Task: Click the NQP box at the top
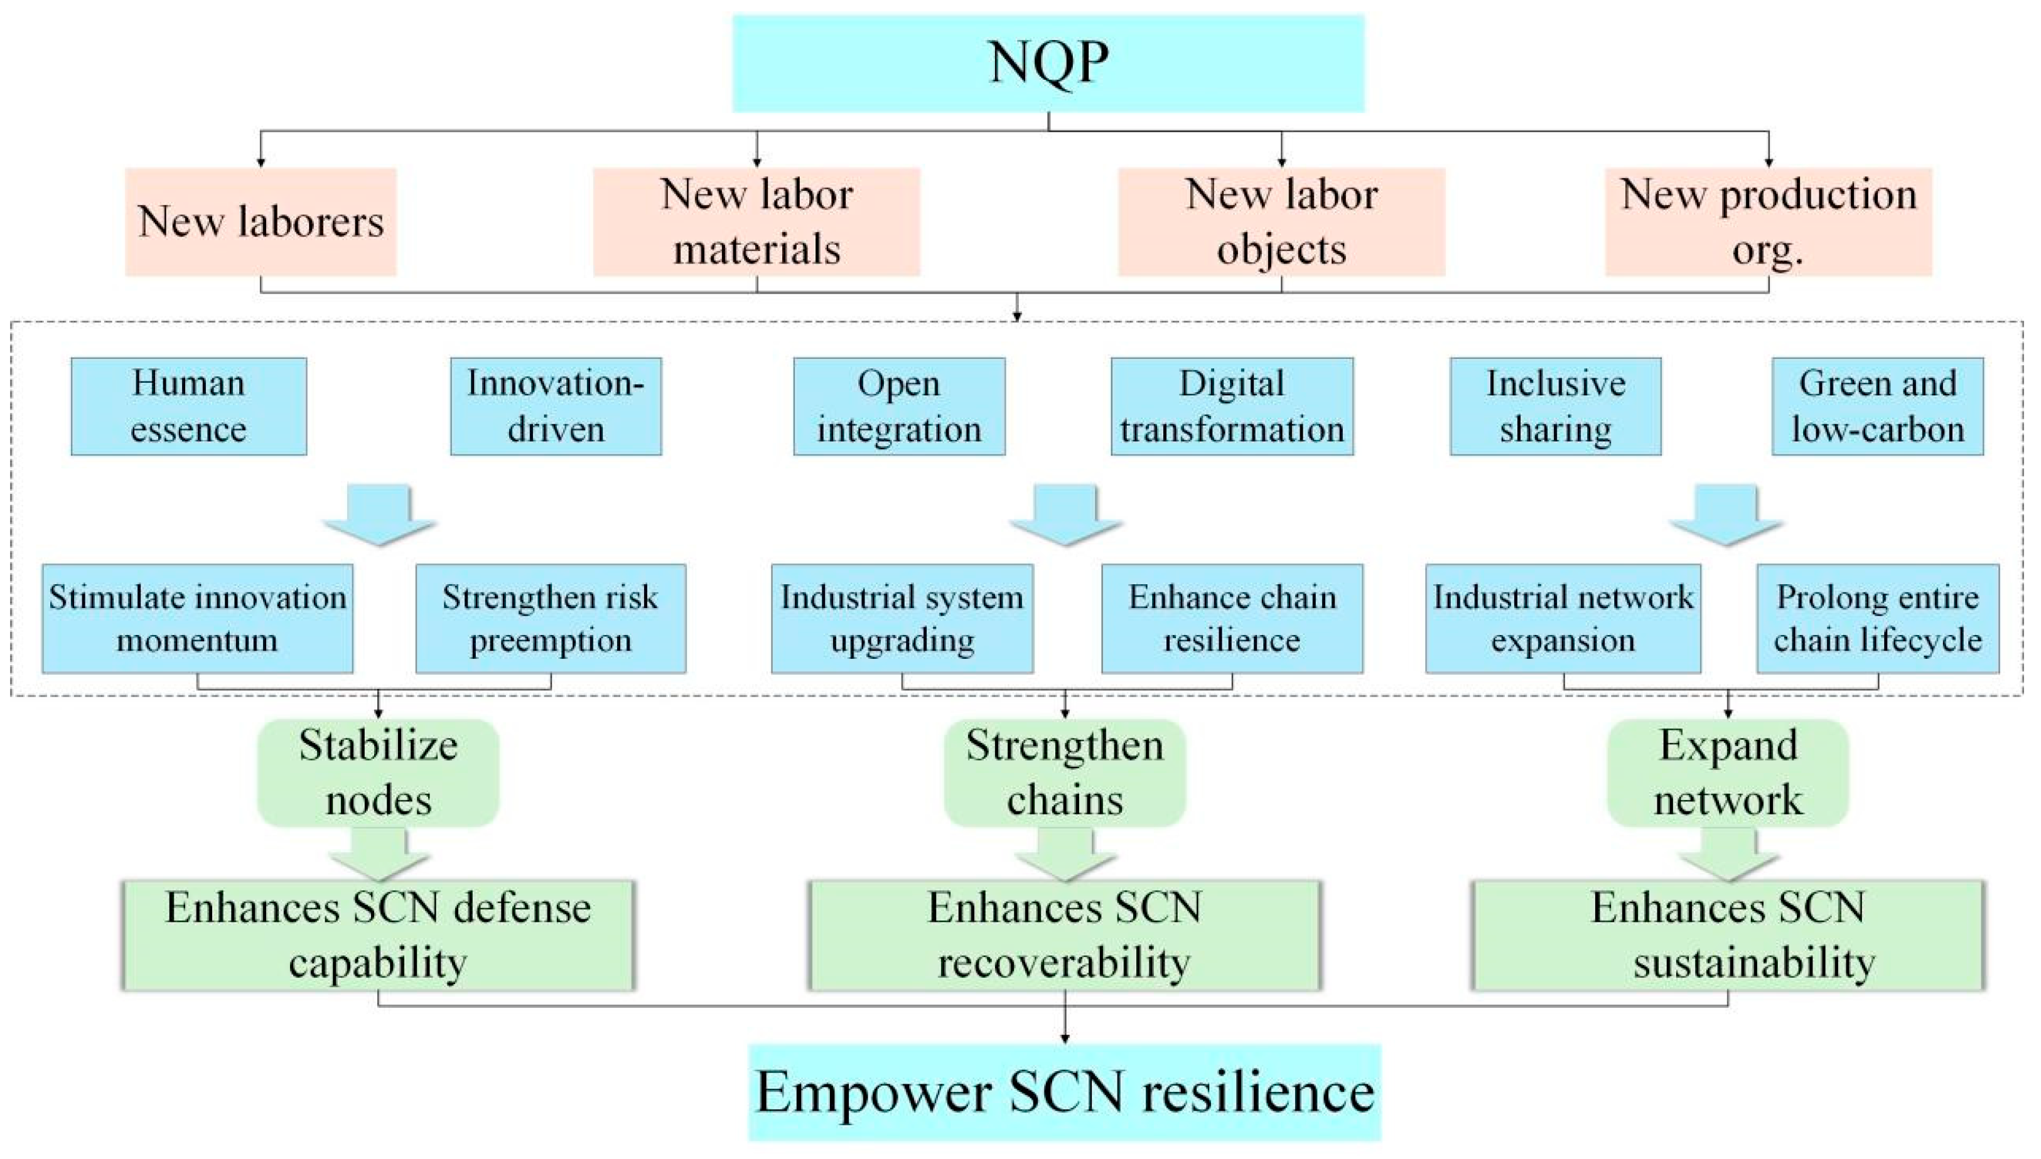coord(1048,63)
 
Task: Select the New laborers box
coord(261,222)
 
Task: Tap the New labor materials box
coord(757,222)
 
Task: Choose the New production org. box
coord(1768,222)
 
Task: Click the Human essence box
coord(189,406)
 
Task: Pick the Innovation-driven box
coord(556,406)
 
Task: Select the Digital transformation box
coord(1232,406)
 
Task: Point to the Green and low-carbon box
coord(1878,406)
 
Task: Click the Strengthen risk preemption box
coord(550,619)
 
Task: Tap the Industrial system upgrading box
coord(902,619)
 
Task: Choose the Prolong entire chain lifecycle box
coord(1878,619)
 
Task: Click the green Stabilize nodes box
coord(379,772)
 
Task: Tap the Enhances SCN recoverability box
coord(1065,936)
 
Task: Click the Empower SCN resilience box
coord(1065,1092)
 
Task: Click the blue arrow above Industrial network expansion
coord(1726,515)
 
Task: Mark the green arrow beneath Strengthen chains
coord(1065,854)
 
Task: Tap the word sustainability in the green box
coord(1754,963)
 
